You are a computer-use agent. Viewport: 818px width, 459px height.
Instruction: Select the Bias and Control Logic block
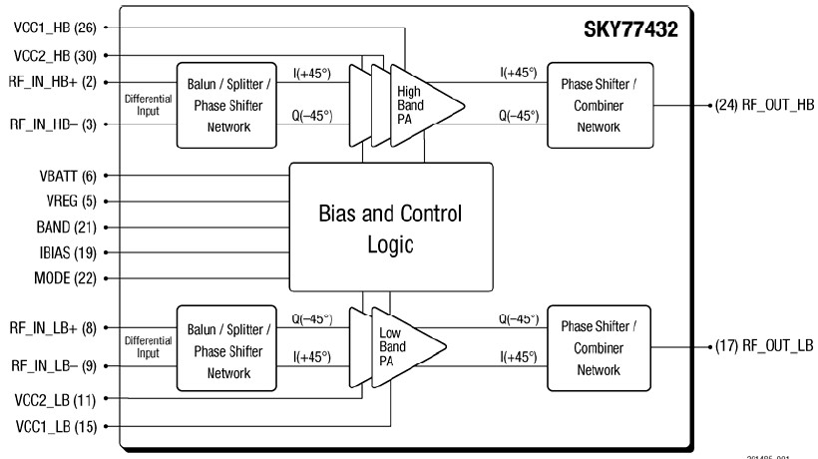pos(390,229)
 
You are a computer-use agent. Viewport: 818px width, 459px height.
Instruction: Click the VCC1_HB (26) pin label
pos(49,27)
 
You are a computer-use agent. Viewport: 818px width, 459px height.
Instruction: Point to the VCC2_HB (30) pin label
pos(49,55)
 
